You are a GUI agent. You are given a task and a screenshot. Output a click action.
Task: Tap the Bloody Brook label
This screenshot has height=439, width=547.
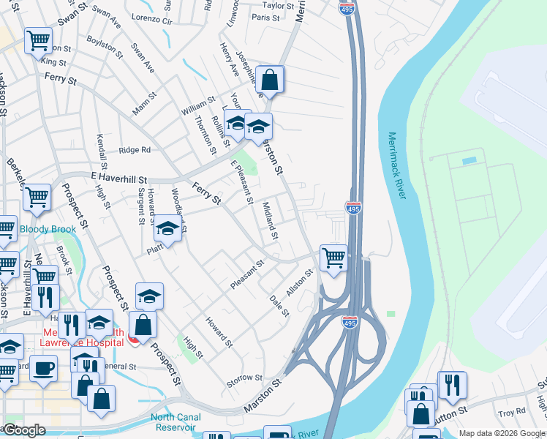pyautogui.click(x=48, y=229)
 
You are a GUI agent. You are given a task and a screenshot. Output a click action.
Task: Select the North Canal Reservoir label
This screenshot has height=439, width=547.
pyautogui.click(x=173, y=422)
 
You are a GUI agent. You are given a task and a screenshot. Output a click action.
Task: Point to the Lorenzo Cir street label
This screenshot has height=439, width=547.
pyautogui.click(x=152, y=20)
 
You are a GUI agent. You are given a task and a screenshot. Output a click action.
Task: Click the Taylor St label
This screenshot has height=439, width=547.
pyautogui.click(x=278, y=5)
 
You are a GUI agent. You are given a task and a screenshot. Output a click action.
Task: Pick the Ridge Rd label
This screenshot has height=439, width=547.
pyautogui.click(x=135, y=150)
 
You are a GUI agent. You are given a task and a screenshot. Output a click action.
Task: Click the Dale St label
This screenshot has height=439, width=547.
pyautogui.click(x=279, y=306)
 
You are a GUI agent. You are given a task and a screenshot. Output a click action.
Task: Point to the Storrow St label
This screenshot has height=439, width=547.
pyautogui.click(x=244, y=378)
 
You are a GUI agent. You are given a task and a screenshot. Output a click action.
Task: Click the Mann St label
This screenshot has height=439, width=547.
pyautogui.click(x=144, y=104)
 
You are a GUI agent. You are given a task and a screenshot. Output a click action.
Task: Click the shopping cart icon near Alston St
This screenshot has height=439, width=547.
pyautogui.click(x=333, y=258)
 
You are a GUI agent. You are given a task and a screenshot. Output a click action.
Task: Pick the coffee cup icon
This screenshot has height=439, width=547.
pyautogui.click(x=43, y=368)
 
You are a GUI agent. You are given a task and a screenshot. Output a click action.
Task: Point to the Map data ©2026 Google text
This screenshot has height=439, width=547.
pyautogui.click(x=502, y=433)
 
